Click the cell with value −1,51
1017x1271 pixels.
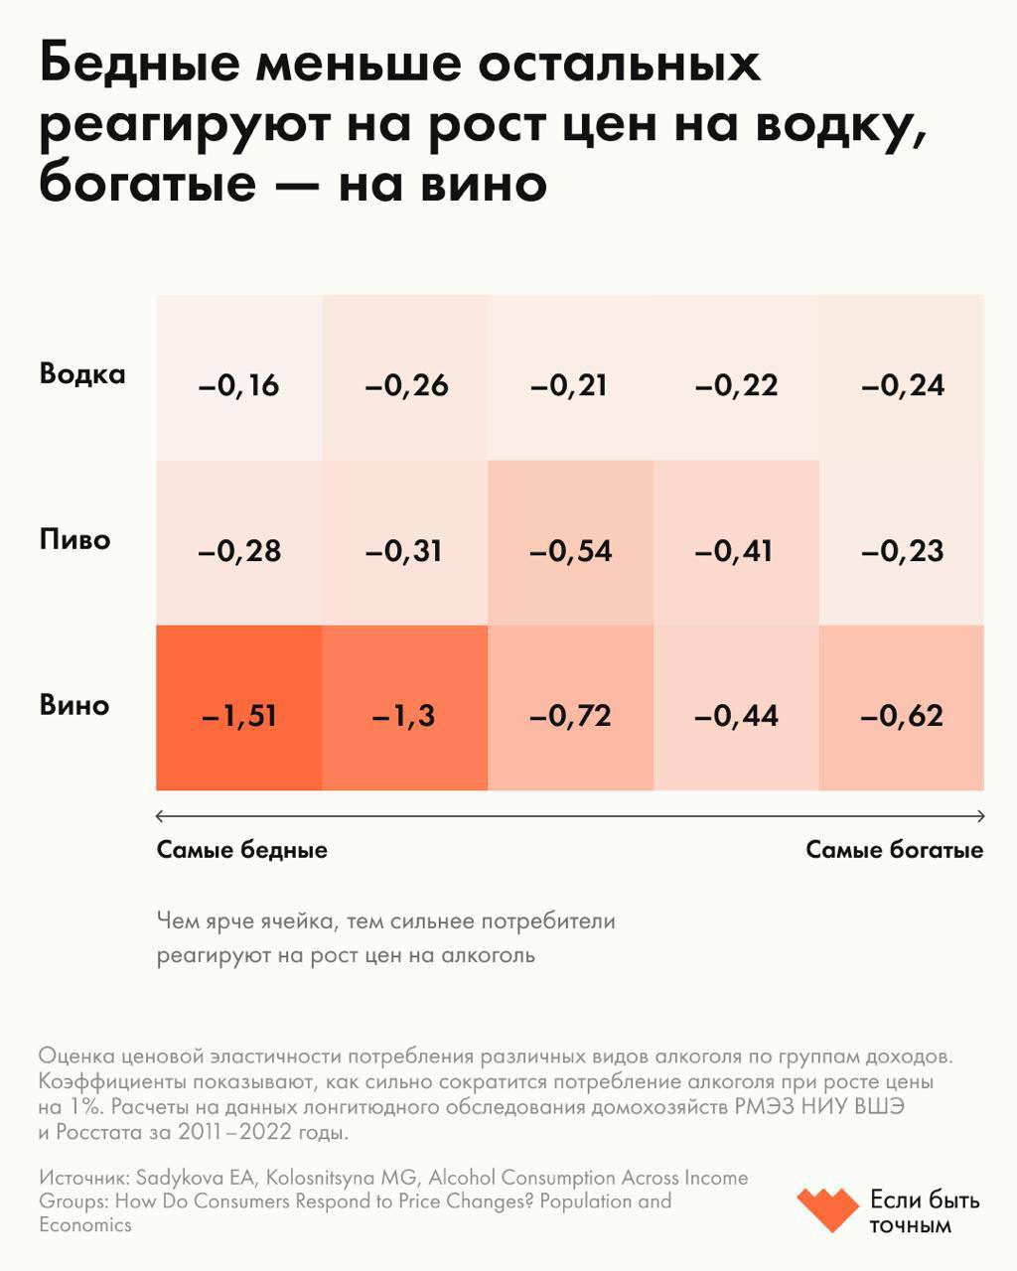pos(238,715)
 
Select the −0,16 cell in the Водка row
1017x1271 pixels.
pos(238,384)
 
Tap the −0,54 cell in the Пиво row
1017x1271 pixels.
pos(570,550)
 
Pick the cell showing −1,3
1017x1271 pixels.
pos(404,715)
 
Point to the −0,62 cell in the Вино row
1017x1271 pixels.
pos(901,715)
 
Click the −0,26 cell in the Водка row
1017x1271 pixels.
pos(405,384)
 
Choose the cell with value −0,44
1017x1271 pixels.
pos(736,715)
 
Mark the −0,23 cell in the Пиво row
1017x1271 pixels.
pos(901,550)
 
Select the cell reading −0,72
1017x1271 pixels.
pos(570,715)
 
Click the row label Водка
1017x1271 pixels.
pos(82,374)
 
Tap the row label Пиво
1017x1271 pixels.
pos(74,540)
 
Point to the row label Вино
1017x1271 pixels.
pos(73,706)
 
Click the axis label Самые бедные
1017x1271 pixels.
pos(241,850)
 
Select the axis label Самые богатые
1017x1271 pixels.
pos(894,850)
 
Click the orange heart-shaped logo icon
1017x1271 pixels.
pos(826,1209)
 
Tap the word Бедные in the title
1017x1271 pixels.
pos(140,65)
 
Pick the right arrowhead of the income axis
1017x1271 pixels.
pos(980,816)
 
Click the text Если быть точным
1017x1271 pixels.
pos(924,1211)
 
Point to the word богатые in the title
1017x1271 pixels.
pos(147,184)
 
